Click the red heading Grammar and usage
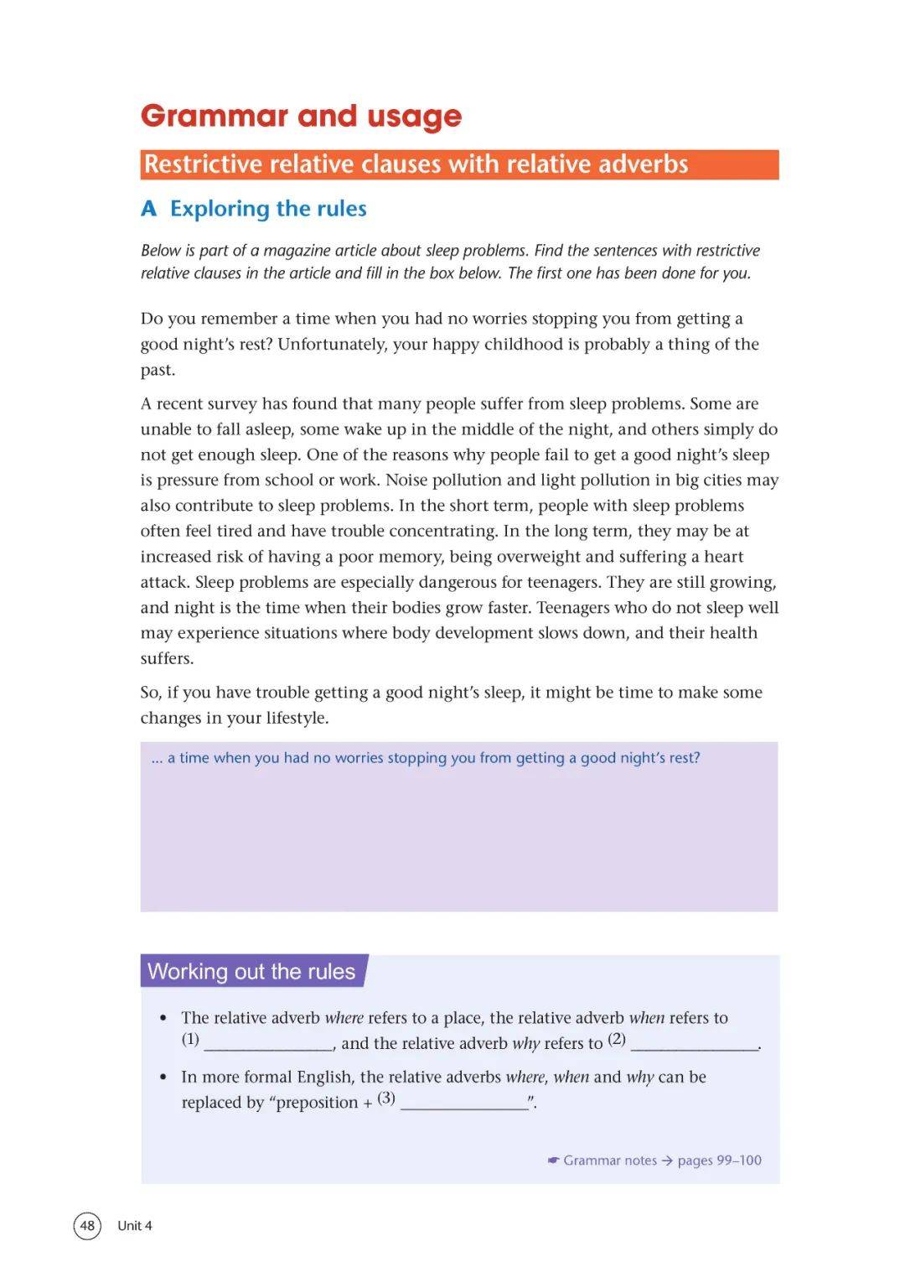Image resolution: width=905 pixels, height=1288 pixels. [x=301, y=116]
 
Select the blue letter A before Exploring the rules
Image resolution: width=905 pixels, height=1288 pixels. [x=149, y=209]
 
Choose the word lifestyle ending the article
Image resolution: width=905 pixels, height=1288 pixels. [x=296, y=719]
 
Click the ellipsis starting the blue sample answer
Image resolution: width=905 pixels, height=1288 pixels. [x=157, y=759]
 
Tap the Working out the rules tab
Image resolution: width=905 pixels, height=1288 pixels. [x=251, y=972]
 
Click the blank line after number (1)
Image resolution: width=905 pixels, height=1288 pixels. [x=268, y=1045]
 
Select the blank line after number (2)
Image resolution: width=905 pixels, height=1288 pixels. [x=694, y=1045]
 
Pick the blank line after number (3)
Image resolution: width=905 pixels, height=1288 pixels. [x=464, y=1104]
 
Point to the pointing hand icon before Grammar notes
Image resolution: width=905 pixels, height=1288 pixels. [x=553, y=1161]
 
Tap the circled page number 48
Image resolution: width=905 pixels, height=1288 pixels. [x=87, y=1226]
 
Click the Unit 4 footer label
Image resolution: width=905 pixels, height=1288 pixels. [x=135, y=1226]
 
